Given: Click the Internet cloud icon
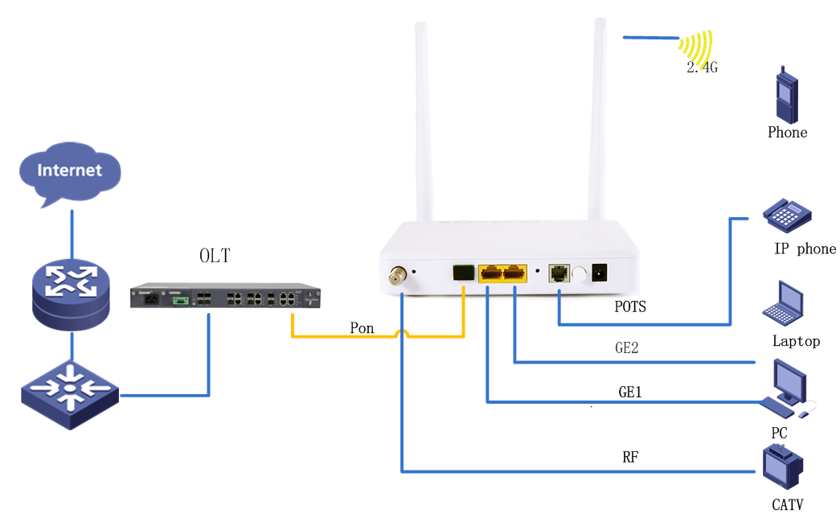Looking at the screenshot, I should [71, 171].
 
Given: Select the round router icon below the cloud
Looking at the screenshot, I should [69, 293].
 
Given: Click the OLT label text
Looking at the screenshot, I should [215, 256].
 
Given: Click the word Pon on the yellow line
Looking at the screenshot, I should [363, 328].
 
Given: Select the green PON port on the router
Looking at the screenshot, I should [463, 272].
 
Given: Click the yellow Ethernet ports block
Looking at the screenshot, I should [502, 273].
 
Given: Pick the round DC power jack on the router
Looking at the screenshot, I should [599, 273].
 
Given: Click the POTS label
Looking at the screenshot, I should [630, 307].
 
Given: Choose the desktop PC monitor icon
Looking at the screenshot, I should [787, 384].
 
